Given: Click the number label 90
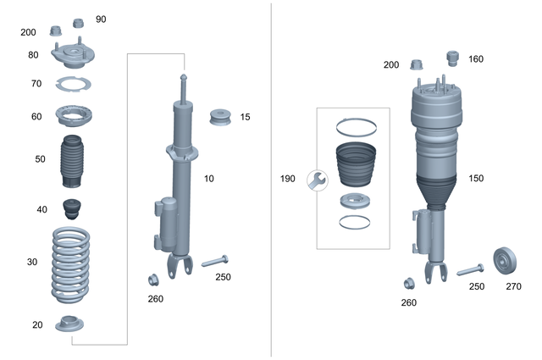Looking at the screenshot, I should (x=101, y=19).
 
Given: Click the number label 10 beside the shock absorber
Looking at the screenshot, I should (x=209, y=180).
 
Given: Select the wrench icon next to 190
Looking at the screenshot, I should (x=318, y=180).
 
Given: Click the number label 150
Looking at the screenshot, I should (x=476, y=179).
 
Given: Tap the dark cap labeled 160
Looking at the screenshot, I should (x=452, y=58).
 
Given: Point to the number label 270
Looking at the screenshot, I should (x=513, y=286).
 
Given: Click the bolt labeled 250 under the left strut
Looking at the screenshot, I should (x=216, y=259).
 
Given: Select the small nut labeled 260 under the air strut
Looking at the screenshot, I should (x=408, y=283).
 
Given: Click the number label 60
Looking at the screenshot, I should (x=36, y=116).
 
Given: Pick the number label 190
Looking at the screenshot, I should (x=288, y=179).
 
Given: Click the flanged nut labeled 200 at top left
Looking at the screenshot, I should (x=57, y=32).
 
